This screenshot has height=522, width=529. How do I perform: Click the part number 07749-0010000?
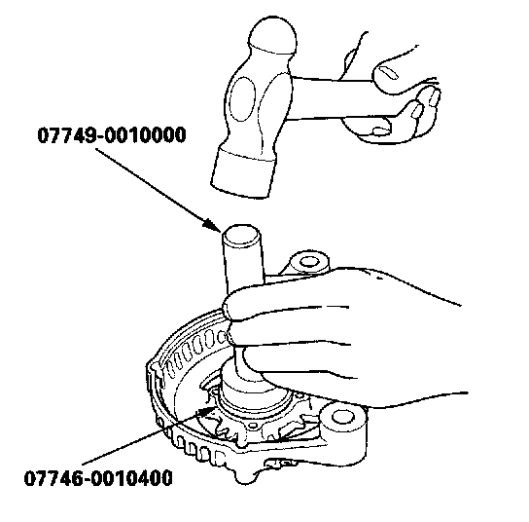112,134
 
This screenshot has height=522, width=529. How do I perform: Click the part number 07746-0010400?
98,478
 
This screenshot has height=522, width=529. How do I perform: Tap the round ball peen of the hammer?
273,35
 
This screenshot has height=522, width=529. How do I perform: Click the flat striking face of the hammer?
241,185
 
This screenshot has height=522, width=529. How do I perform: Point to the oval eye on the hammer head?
242,98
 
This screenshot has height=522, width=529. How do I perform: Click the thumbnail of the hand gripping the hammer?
387,72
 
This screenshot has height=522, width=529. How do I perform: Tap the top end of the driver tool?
241,234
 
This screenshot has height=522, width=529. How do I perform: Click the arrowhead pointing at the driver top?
213,225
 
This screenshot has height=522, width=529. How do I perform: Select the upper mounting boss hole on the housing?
307,261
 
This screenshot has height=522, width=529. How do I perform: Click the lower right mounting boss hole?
343,417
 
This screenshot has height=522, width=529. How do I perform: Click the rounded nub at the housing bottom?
245,477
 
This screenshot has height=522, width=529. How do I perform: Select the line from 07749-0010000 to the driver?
159,190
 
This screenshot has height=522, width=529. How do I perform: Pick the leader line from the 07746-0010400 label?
149,435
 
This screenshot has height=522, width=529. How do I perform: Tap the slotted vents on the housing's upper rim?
193,352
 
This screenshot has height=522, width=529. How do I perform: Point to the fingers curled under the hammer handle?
405,115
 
